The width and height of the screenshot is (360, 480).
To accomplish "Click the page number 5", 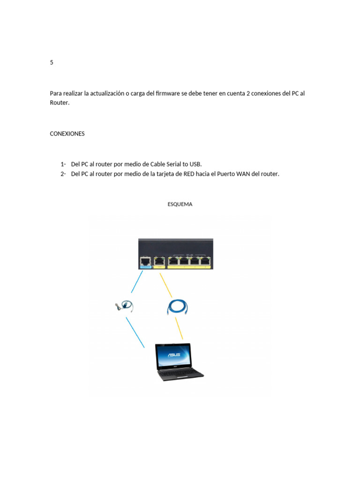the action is tap(52, 62).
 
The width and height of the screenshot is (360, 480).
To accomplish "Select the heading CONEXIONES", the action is tap(67, 134).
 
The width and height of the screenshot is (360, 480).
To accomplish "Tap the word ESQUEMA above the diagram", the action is tap(180, 204).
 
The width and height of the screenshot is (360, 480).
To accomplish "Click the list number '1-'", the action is tap(63, 164).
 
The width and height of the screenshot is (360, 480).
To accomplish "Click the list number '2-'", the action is tap(63, 174).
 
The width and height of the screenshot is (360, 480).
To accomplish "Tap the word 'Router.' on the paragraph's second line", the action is tap(60, 102).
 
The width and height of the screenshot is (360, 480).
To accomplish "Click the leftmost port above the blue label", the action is tap(145, 261).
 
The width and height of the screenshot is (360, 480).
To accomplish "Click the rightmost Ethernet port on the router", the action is tap(205, 261).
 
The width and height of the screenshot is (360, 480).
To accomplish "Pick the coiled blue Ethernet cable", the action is tap(178, 307).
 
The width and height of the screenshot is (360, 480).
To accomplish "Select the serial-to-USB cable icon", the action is tap(125, 306).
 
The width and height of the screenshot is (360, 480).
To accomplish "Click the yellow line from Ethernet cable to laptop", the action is tap(179, 328).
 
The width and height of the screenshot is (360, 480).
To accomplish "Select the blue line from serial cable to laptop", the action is tap(135, 332).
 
